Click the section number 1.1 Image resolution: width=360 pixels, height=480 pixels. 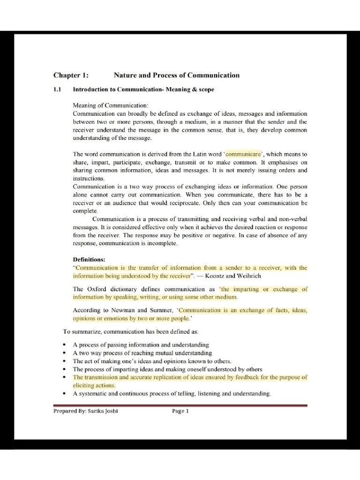click(x=58, y=90)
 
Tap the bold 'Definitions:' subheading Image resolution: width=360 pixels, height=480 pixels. click(x=89, y=259)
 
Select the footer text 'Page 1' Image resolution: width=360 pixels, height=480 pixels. click(x=180, y=411)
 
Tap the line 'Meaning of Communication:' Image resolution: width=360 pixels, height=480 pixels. click(x=111, y=105)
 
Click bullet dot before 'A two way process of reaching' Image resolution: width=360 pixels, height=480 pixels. click(x=64, y=353)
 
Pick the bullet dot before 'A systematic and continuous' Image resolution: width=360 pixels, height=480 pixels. click(x=64, y=394)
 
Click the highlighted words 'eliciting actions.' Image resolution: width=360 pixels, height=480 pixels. click(x=94, y=385)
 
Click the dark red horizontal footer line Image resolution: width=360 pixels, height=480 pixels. click(x=180, y=405)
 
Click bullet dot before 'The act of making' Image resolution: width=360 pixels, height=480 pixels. click(x=64, y=361)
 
